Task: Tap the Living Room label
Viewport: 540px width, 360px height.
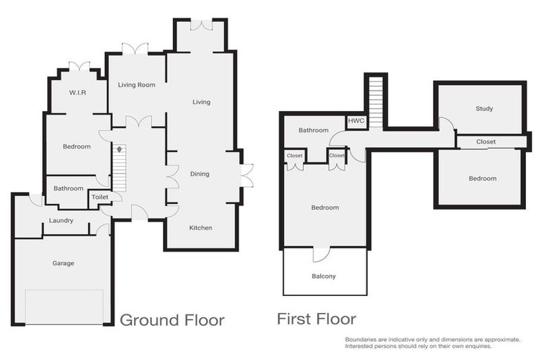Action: coord(136,85)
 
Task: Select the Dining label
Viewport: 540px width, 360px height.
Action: coord(200,174)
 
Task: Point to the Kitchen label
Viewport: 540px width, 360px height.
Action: coord(200,228)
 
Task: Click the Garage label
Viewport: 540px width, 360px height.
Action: coord(63,264)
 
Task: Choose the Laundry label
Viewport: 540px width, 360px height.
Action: coord(62,221)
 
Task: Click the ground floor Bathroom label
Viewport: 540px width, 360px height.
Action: coord(69,188)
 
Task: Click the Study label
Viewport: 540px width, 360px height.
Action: coord(484,109)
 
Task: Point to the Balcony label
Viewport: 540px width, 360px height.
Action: coord(324,276)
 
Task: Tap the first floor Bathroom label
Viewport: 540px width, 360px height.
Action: coord(313,130)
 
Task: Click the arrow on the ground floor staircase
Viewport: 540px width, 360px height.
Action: coord(120,150)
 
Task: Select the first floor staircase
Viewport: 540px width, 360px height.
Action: coord(375,103)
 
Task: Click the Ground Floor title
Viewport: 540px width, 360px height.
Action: coord(172,320)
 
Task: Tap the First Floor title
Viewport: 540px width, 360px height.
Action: coord(316,320)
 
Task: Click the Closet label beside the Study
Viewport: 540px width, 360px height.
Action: coord(486,142)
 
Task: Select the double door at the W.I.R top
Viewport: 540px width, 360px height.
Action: coord(79,66)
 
